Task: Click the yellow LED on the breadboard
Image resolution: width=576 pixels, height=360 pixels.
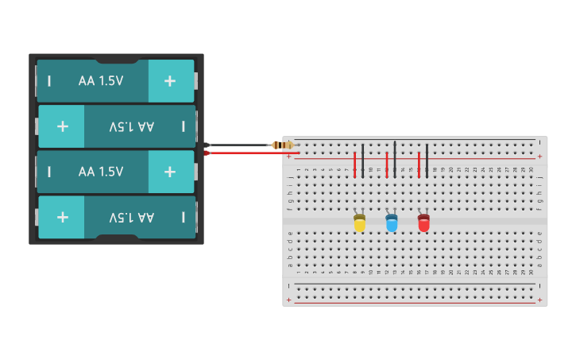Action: tap(359, 224)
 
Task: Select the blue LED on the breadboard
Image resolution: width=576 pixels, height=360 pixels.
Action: tap(392, 224)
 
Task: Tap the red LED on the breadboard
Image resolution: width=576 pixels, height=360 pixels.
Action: tap(423, 224)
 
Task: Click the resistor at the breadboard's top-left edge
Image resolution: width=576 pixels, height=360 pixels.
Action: tap(282, 145)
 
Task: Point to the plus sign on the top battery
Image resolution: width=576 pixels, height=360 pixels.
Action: tap(169, 80)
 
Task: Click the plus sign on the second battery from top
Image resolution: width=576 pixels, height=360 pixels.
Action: tap(62, 126)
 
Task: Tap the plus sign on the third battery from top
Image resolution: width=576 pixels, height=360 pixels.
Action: tap(169, 172)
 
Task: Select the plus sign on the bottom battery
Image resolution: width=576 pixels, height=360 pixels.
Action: tap(62, 217)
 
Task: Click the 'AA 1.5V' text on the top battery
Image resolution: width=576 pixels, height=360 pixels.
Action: tap(101, 80)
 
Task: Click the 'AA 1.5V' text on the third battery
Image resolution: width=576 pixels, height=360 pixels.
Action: tap(101, 172)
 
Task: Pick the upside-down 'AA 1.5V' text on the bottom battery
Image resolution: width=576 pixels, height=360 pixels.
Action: tap(132, 217)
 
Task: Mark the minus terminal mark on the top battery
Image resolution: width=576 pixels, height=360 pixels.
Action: tap(49, 80)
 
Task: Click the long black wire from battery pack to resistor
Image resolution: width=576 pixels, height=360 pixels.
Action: tap(238, 145)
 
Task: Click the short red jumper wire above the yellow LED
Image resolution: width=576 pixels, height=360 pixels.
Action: tap(354, 165)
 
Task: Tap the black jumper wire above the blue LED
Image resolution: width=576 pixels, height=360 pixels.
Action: tap(395, 159)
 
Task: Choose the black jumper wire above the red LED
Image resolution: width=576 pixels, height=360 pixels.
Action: tap(427, 160)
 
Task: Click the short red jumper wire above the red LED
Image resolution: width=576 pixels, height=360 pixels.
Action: tap(419, 165)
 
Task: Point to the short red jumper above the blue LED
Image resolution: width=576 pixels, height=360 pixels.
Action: tap(387, 165)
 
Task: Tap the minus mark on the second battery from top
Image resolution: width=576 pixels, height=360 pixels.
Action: tap(184, 126)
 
